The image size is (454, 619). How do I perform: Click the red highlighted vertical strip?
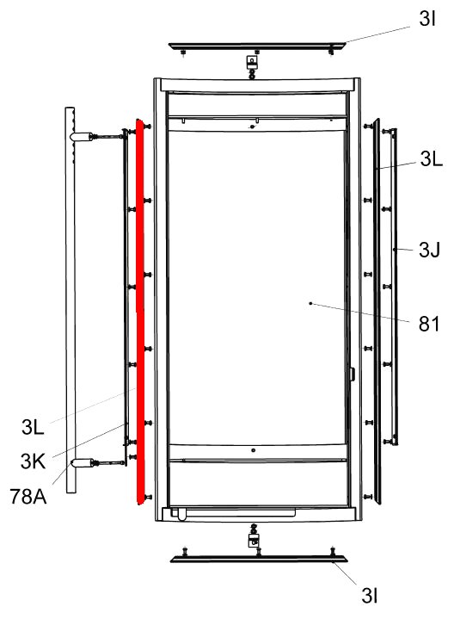[x=139, y=310]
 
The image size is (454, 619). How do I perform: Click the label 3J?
[x=429, y=250]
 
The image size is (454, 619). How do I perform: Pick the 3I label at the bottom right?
[x=370, y=594]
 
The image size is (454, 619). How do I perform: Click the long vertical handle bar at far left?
[x=71, y=301]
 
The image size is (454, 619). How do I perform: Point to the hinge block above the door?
[x=253, y=62]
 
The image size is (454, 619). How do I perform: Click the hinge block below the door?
[x=253, y=541]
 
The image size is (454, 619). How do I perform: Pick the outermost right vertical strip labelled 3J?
[x=395, y=284]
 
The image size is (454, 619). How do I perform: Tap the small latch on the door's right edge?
[x=353, y=374]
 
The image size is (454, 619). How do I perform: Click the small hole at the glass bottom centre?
[x=252, y=449]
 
